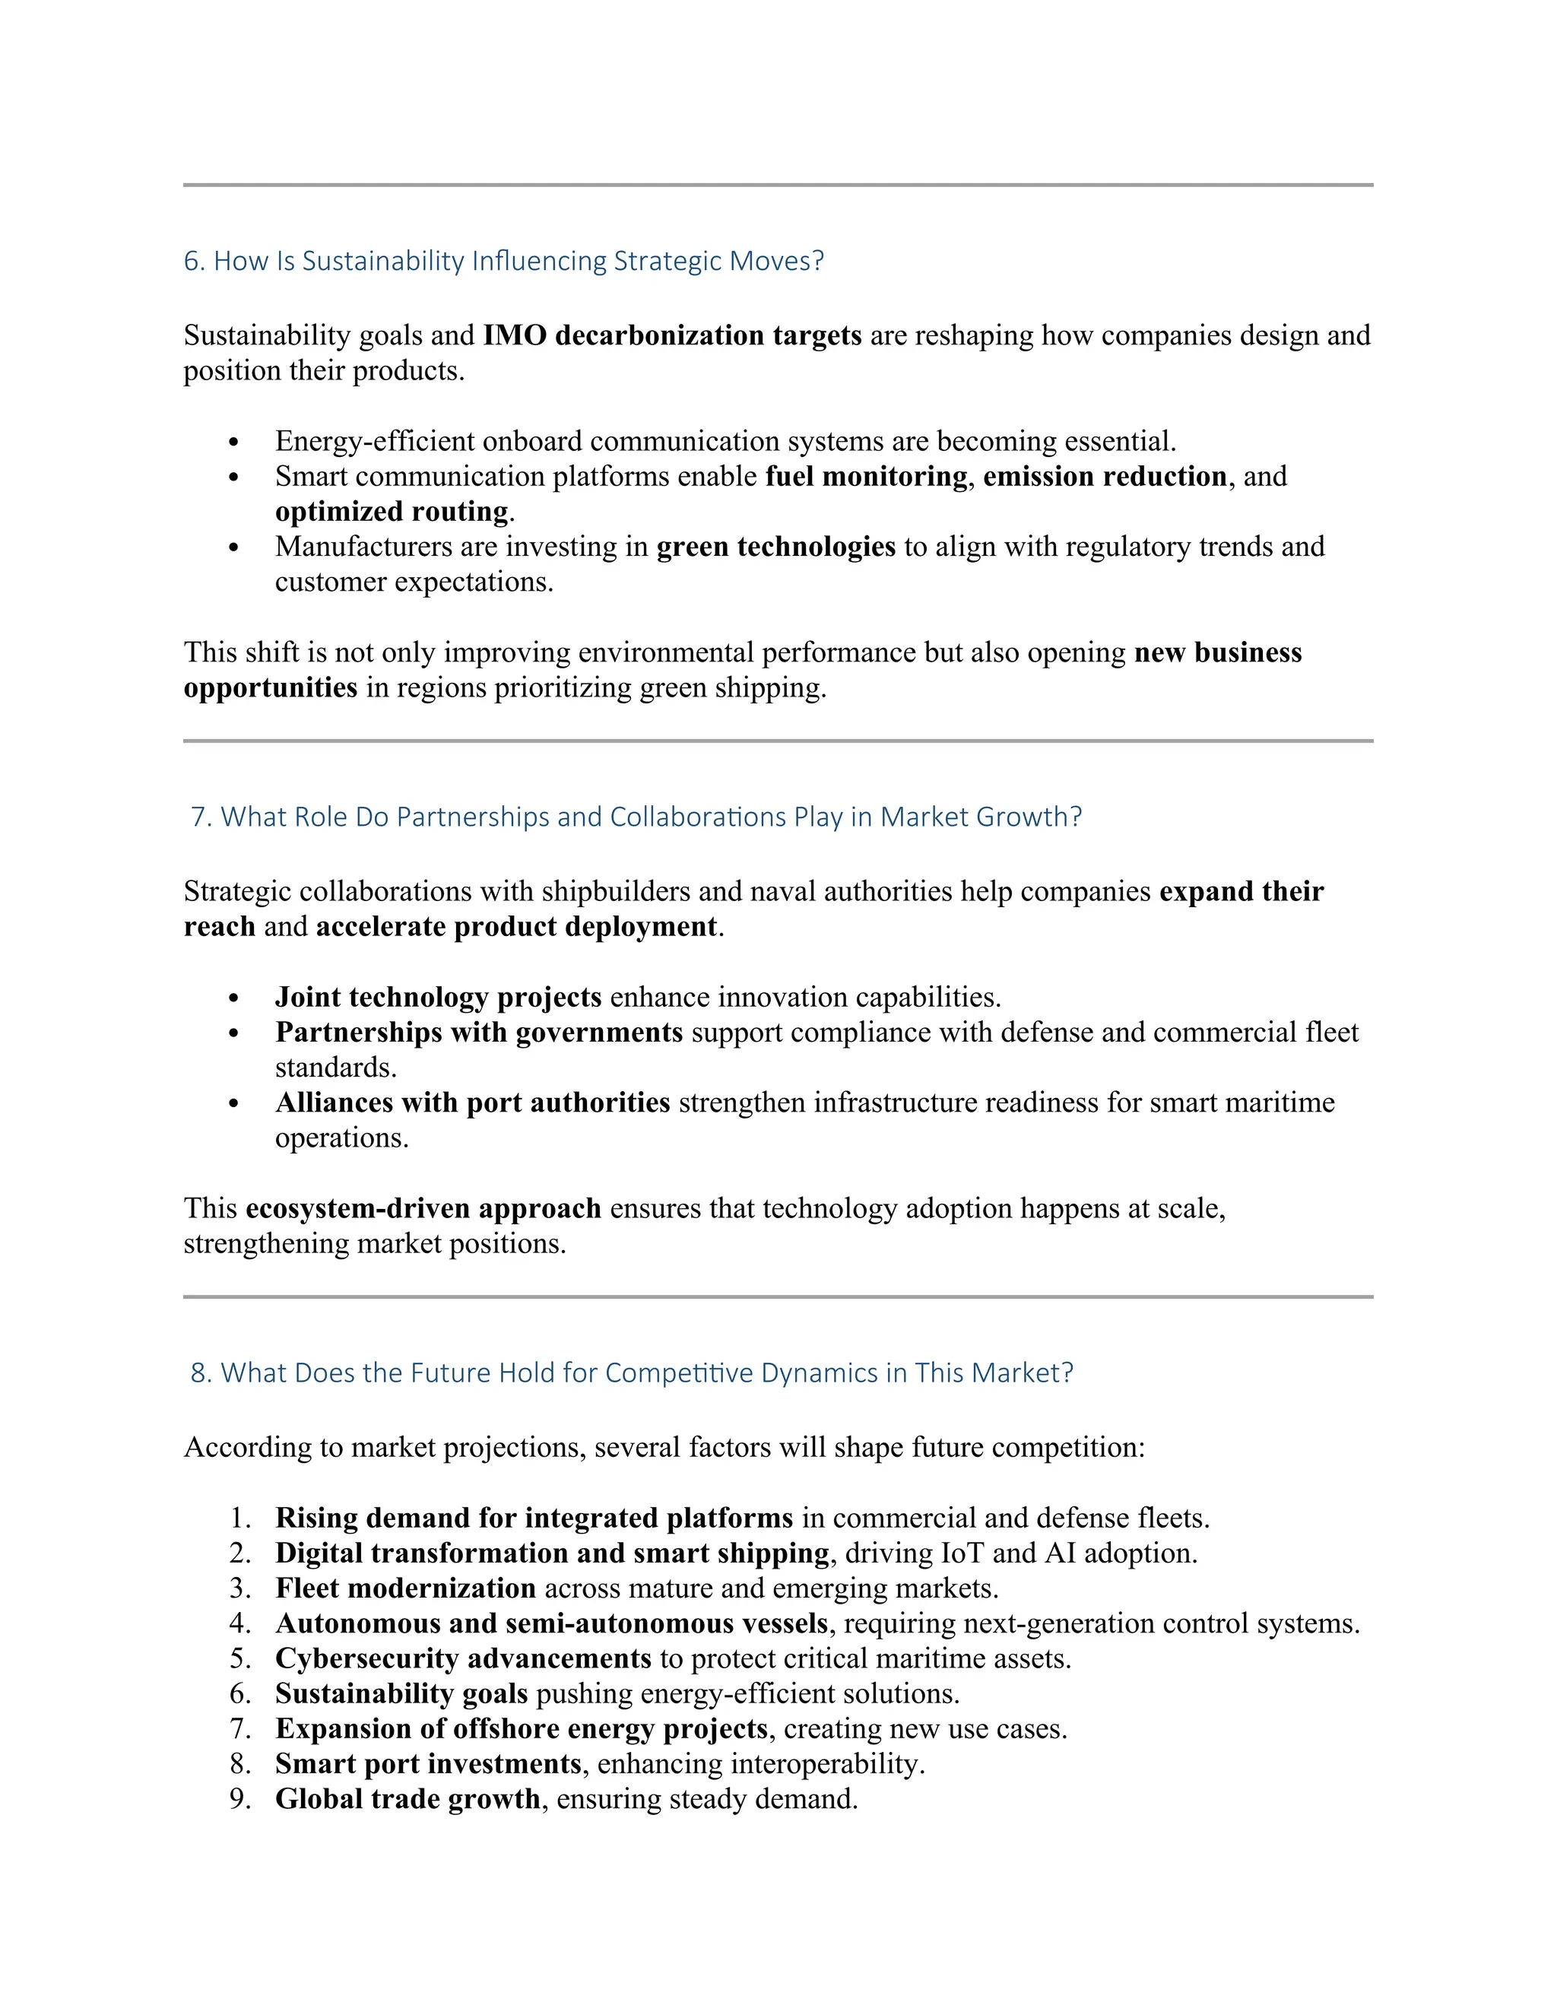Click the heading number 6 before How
pos(191,261)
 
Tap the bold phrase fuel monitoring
pos(865,476)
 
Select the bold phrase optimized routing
pos(391,511)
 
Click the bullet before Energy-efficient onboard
pos(233,443)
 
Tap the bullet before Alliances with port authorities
pos(233,1104)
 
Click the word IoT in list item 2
pos(961,1553)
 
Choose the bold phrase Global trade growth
pos(407,1798)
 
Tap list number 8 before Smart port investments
pos(239,1763)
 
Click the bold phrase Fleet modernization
pos(405,1588)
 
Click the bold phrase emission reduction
pos(1104,476)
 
